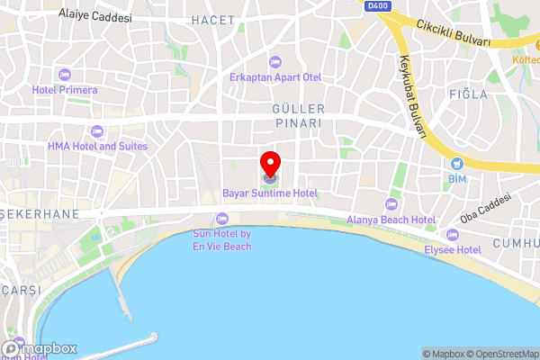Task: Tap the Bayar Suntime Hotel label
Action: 270,193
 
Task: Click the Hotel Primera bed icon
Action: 64,74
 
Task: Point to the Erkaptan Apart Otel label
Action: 275,77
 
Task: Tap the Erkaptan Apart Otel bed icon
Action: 275,61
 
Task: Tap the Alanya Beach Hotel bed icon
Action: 390,203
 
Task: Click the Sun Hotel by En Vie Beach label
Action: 221,240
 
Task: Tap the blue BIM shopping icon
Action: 457,164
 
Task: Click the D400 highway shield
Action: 378,5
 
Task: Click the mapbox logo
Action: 40,348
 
